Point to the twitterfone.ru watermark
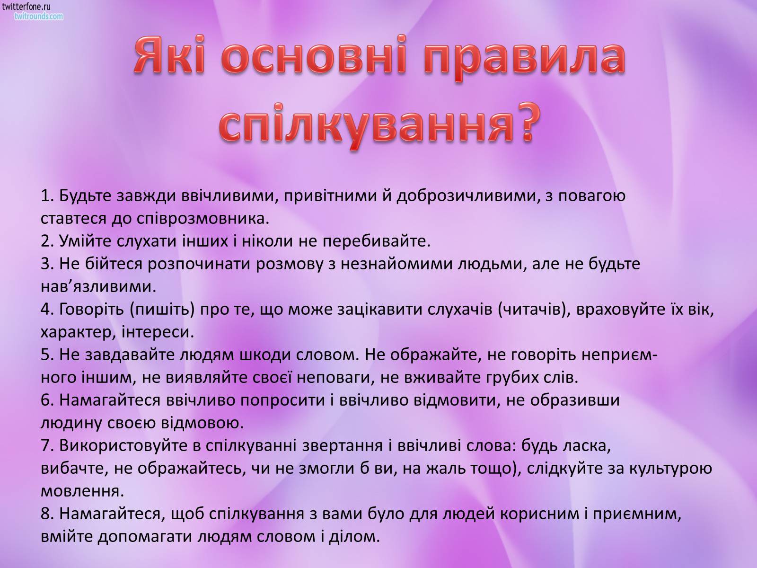26,7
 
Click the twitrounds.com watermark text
39,16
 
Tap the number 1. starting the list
48,195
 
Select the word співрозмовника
203,219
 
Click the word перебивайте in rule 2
377,241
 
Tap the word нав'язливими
98,287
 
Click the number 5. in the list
48,355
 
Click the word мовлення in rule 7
82,492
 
